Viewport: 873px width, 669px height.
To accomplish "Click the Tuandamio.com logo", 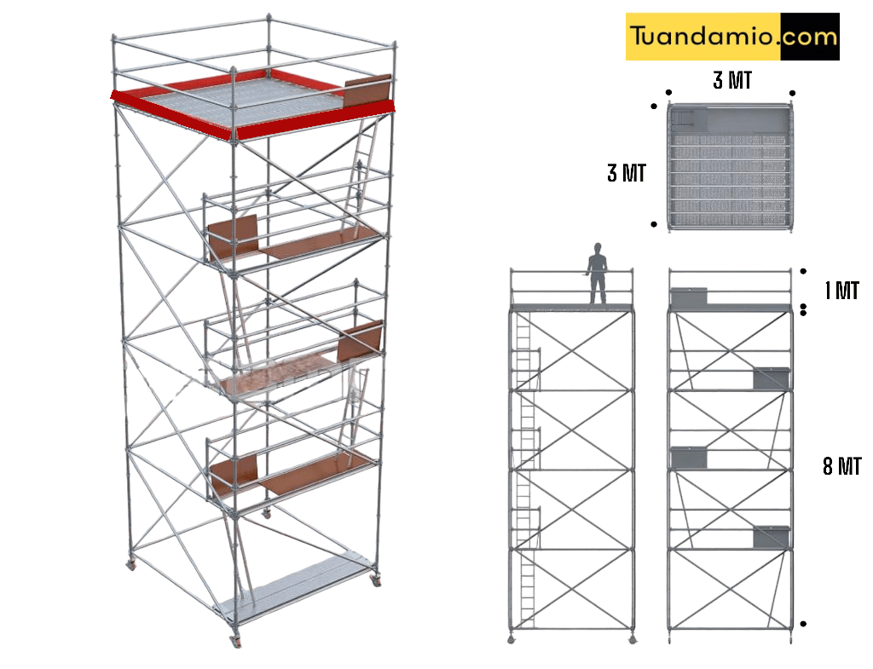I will [732, 37].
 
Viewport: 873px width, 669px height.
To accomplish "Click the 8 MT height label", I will [841, 466].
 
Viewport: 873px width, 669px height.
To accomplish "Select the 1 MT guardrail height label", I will [841, 291].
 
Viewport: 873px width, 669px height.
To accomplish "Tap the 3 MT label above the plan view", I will [732, 81].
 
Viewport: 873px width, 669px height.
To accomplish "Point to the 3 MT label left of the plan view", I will [626, 173].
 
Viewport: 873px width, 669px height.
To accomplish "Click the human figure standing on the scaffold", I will [598, 273].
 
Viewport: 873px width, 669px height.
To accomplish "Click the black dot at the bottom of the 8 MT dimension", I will [803, 624].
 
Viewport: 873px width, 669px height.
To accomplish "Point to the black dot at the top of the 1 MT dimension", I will [803, 271].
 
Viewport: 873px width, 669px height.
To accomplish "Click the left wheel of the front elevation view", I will [512, 639].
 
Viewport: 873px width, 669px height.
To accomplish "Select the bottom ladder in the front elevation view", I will [527, 588].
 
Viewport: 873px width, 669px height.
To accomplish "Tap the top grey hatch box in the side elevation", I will [689, 297].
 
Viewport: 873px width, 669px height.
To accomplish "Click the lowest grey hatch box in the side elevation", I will [772, 536].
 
